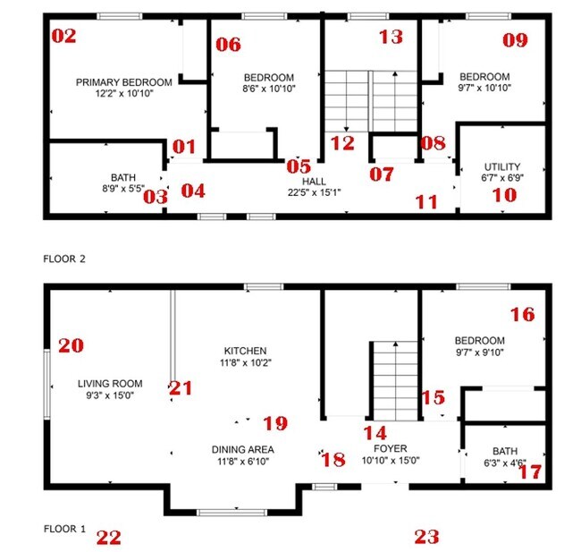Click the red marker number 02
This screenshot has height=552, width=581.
coord(64,37)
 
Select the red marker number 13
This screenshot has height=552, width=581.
coord(391,37)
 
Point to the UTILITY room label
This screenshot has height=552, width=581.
coord(501,167)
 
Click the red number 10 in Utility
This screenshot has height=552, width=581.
coord(503,194)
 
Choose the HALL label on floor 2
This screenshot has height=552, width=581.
coord(314,181)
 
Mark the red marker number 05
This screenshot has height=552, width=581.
coord(299,166)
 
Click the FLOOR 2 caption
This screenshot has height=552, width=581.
coord(63,259)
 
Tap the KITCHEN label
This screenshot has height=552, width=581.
coord(246,351)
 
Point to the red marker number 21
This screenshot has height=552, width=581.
coord(181,387)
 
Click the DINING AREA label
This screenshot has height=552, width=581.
coord(242,449)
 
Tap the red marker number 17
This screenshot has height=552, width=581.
coord(530,471)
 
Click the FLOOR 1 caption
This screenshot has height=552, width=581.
coord(63,529)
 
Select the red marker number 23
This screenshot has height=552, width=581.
coord(427,537)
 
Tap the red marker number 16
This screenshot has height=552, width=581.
coord(522,314)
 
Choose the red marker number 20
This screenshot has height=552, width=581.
coord(71,345)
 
